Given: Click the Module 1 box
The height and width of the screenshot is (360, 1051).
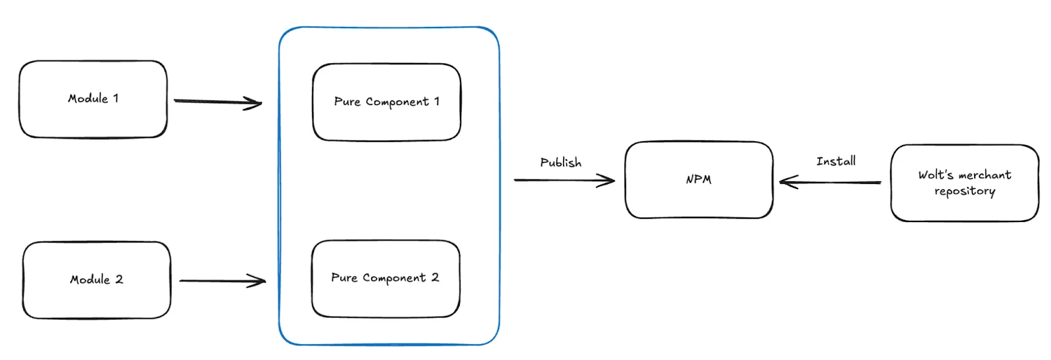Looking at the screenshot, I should (x=93, y=99).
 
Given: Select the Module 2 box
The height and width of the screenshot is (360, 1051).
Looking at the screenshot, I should (x=97, y=280).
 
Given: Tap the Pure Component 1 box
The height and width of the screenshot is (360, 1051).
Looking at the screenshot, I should (x=386, y=102).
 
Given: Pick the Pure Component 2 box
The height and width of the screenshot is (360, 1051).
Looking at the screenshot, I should (x=386, y=279).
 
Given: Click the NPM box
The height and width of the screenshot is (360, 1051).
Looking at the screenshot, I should (x=699, y=180).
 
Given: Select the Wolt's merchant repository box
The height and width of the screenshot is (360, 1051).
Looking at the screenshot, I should (x=964, y=183).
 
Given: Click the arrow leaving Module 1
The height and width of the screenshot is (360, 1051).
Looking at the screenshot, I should (x=217, y=102).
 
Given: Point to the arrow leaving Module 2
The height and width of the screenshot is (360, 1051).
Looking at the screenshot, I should (x=222, y=281).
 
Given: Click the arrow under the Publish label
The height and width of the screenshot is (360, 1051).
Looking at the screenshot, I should (x=564, y=180).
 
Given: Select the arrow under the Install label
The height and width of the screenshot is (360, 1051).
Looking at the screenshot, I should (x=830, y=182).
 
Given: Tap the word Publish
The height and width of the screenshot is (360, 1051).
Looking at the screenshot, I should (x=560, y=162).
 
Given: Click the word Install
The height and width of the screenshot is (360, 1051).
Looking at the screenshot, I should (x=836, y=161).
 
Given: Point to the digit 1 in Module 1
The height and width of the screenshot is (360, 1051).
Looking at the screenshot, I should (x=116, y=98).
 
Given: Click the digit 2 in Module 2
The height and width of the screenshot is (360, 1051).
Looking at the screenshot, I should (x=120, y=279).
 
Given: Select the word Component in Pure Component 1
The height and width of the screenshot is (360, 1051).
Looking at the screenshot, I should (x=397, y=102).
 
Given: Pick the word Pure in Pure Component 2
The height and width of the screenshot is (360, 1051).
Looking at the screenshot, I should (x=344, y=278).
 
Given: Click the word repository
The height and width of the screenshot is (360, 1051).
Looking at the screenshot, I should (x=964, y=191).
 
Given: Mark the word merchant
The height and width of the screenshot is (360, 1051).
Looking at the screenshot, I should (x=985, y=175).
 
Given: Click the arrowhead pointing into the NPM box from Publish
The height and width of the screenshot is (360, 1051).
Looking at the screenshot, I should (x=607, y=180).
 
